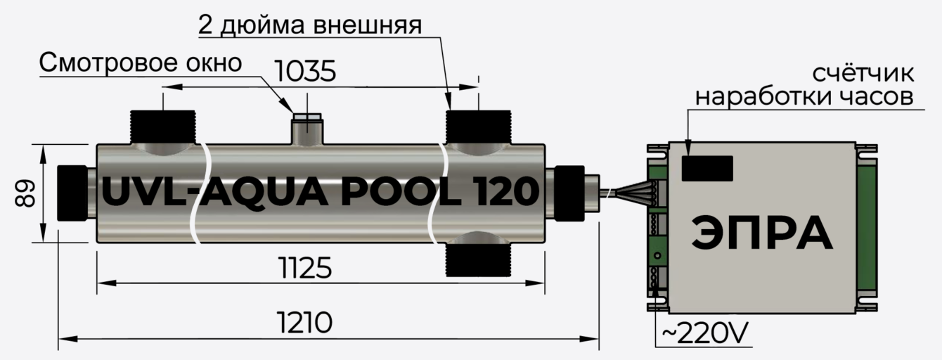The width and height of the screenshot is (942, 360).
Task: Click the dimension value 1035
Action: [305, 72]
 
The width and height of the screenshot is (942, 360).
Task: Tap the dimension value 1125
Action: [305, 268]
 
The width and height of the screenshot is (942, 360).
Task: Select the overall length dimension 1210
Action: [304, 323]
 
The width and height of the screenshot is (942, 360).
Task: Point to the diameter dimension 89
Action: [25, 193]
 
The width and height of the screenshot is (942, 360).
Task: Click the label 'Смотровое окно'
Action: [141, 63]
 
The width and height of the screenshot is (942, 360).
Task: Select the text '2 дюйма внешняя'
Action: [310, 25]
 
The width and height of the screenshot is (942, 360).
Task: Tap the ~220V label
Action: [705, 333]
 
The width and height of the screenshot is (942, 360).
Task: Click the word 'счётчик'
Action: [863, 72]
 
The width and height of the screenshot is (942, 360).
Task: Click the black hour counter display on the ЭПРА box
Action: [707, 168]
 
